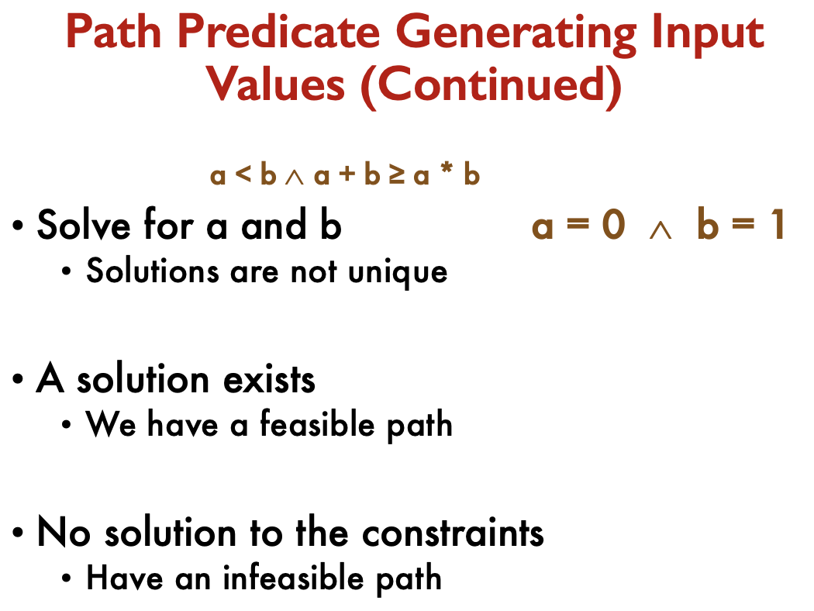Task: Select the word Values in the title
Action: (x=276, y=84)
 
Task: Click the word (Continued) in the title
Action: (x=491, y=86)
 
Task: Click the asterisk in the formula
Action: (x=446, y=169)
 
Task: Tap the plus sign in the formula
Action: (x=347, y=173)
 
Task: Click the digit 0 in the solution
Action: (x=613, y=226)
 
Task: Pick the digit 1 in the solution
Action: (x=778, y=226)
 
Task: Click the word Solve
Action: (x=84, y=226)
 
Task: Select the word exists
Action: (x=269, y=379)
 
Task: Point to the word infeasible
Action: (x=293, y=577)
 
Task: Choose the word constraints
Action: (x=453, y=533)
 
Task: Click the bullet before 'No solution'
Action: (x=18, y=533)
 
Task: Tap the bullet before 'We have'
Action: (x=66, y=425)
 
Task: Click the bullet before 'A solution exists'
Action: (x=18, y=379)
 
